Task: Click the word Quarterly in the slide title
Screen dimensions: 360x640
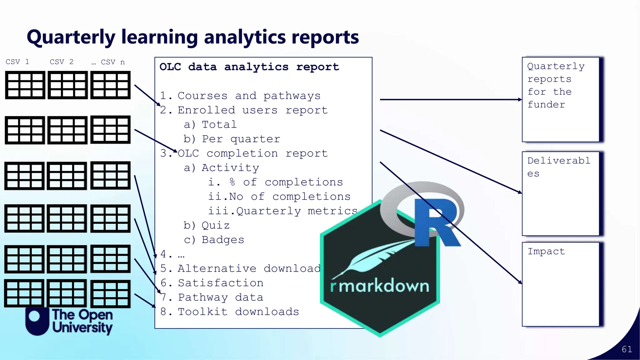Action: pyautogui.click(x=71, y=37)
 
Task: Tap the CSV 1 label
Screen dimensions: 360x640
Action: pyautogui.click(x=17, y=62)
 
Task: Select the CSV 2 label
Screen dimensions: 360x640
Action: pyautogui.click(x=62, y=62)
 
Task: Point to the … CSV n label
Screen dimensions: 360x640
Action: pyautogui.click(x=108, y=62)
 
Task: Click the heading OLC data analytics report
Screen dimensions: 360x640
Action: pyautogui.click(x=249, y=67)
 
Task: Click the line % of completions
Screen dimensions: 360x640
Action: pyautogui.click(x=286, y=182)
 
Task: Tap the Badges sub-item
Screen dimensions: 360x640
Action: pyautogui.click(x=222, y=240)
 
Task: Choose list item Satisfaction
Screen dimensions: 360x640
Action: pyautogui.click(x=221, y=283)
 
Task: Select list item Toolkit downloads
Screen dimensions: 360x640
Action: pyautogui.click(x=238, y=312)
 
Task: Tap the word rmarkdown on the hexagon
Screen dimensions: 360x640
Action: pyautogui.click(x=380, y=286)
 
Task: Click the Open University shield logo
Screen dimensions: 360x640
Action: pyautogui.click(x=37, y=321)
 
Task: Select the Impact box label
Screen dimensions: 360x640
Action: pyautogui.click(x=546, y=251)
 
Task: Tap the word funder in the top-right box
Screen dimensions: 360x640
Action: pyautogui.click(x=546, y=104)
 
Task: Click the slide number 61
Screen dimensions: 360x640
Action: pyautogui.click(x=627, y=349)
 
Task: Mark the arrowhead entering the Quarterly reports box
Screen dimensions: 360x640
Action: pyautogui.click(x=520, y=100)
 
